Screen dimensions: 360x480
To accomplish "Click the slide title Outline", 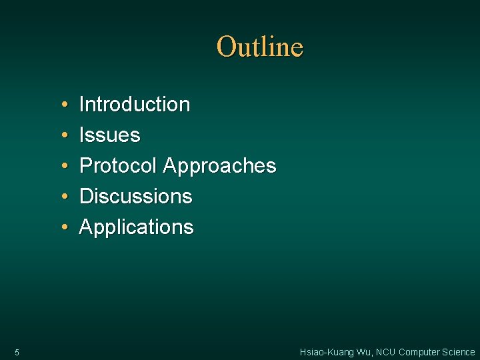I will click(x=260, y=47).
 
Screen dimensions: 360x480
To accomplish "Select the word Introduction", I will click(x=135, y=105).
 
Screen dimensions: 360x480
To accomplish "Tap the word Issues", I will click(x=110, y=135).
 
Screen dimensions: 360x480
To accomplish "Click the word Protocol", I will click(x=119, y=166).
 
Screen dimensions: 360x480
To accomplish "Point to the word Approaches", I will click(x=219, y=166).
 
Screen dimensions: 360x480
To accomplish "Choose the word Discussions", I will click(x=136, y=197).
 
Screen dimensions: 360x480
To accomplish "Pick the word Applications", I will click(x=137, y=227).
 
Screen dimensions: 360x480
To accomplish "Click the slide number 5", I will click(x=17, y=352).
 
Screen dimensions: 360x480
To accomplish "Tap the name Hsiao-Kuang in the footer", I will click(x=326, y=352).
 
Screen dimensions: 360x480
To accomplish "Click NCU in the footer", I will click(x=385, y=352).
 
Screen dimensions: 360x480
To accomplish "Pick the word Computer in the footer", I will click(x=419, y=352).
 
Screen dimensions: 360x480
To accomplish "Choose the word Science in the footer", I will click(x=459, y=352).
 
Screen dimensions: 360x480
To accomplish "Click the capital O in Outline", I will click(x=226, y=47).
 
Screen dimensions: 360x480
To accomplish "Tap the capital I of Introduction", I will click(x=82, y=105).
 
